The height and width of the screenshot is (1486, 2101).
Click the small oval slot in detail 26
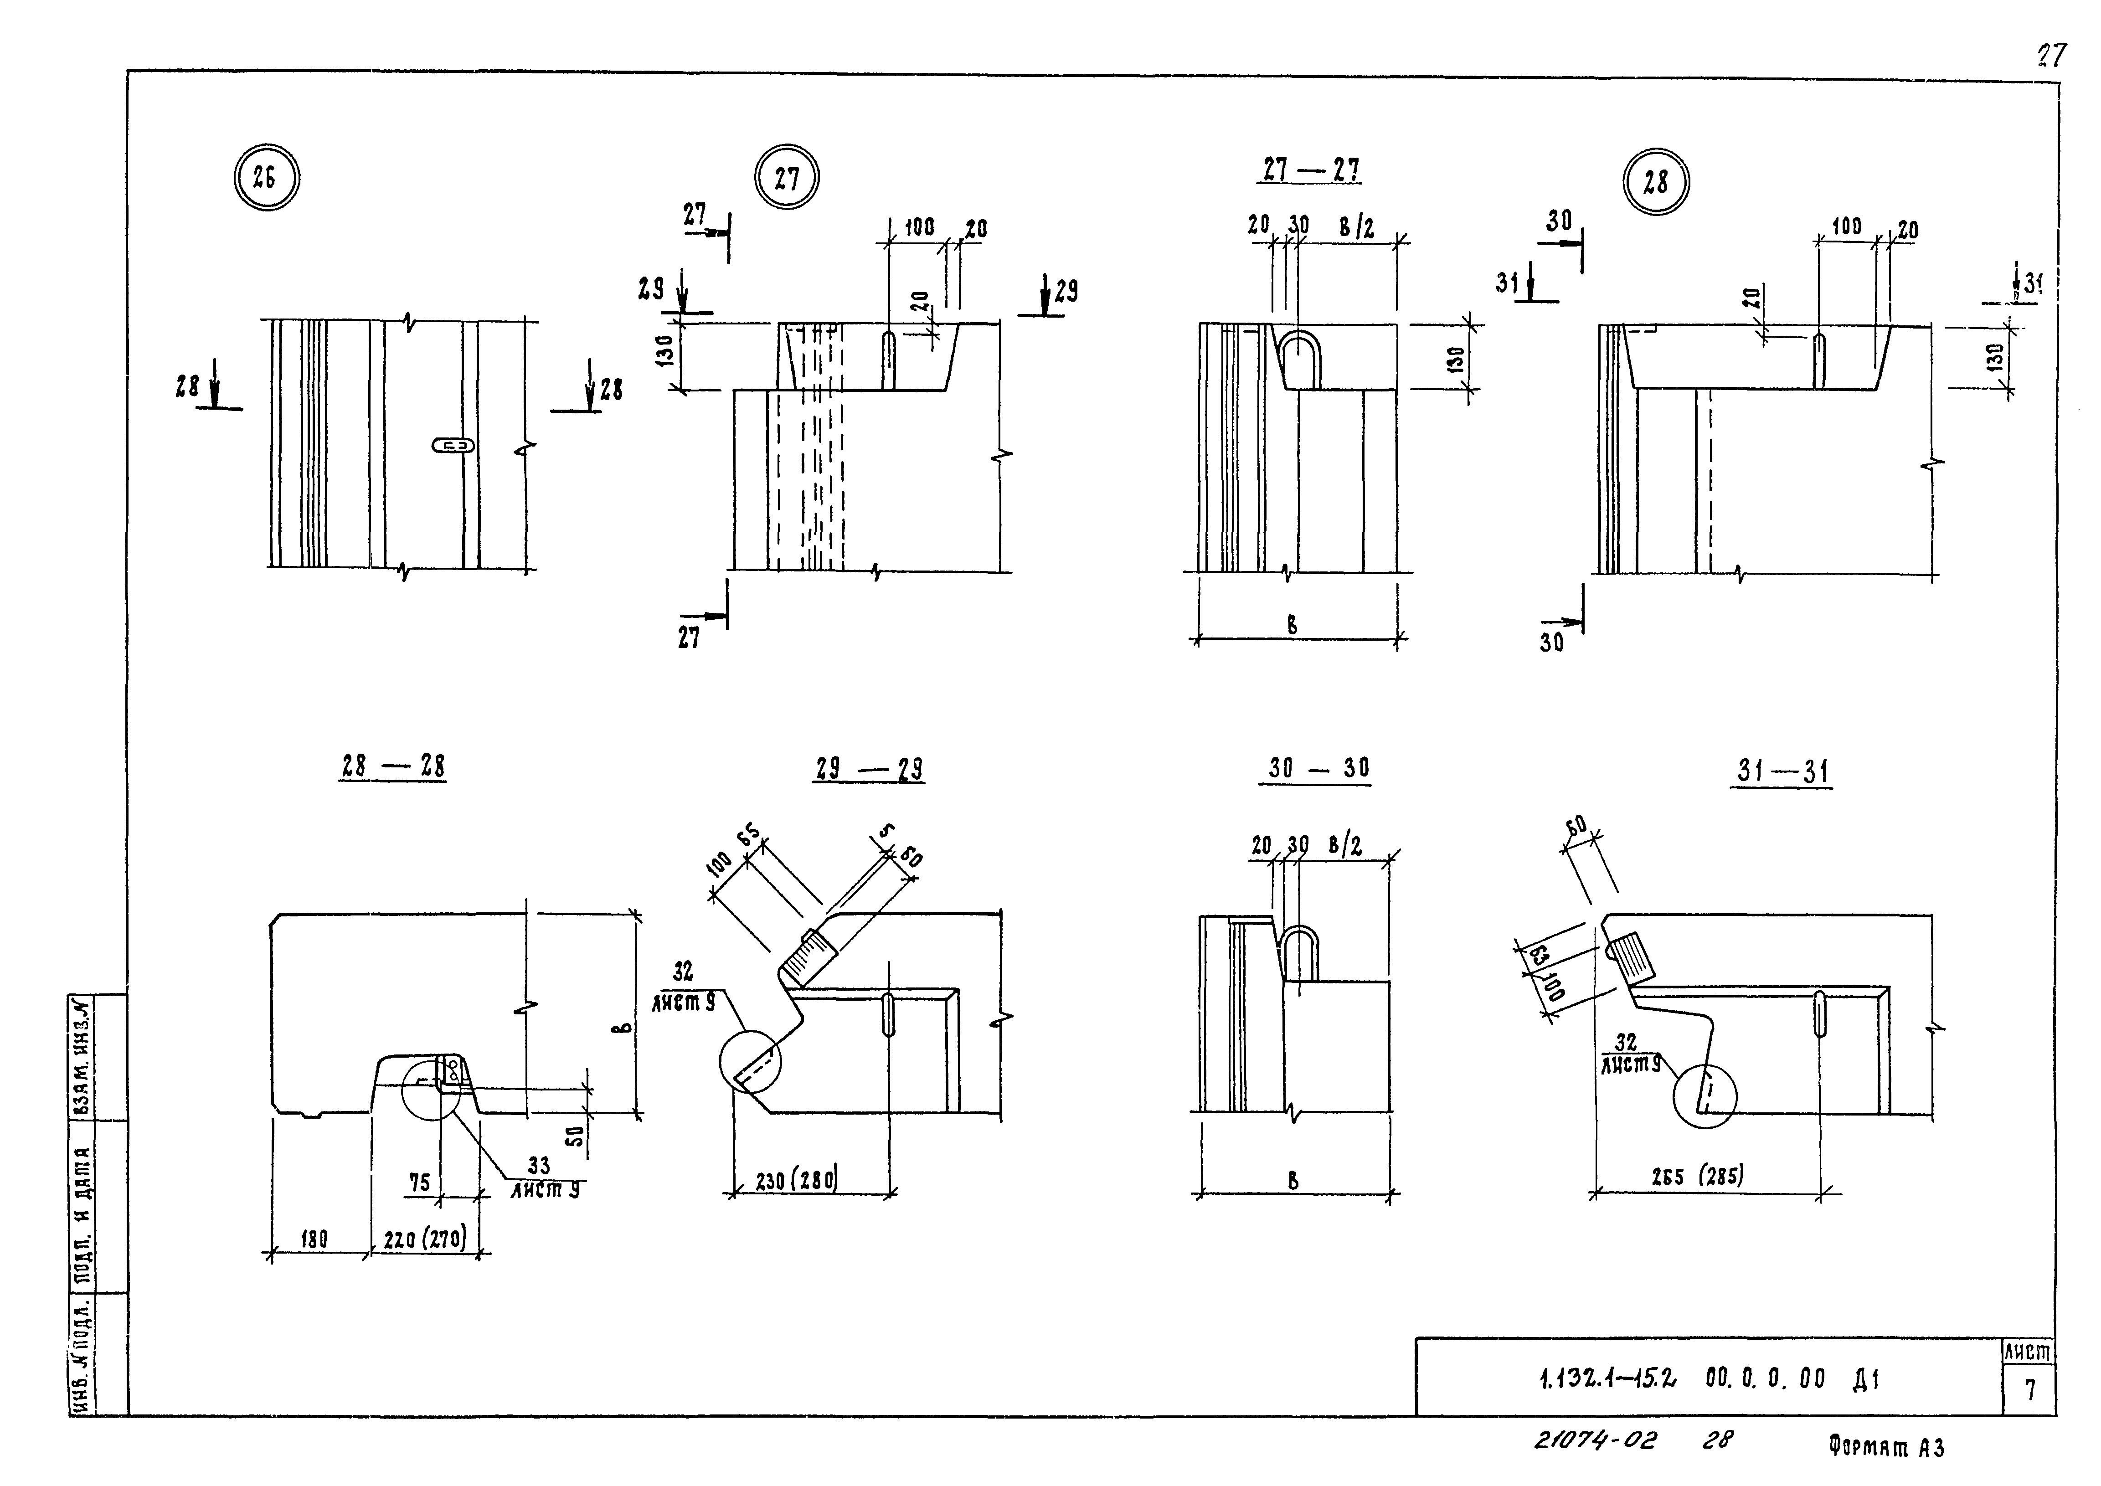point(454,446)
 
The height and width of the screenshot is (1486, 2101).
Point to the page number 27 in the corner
point(2051,57)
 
